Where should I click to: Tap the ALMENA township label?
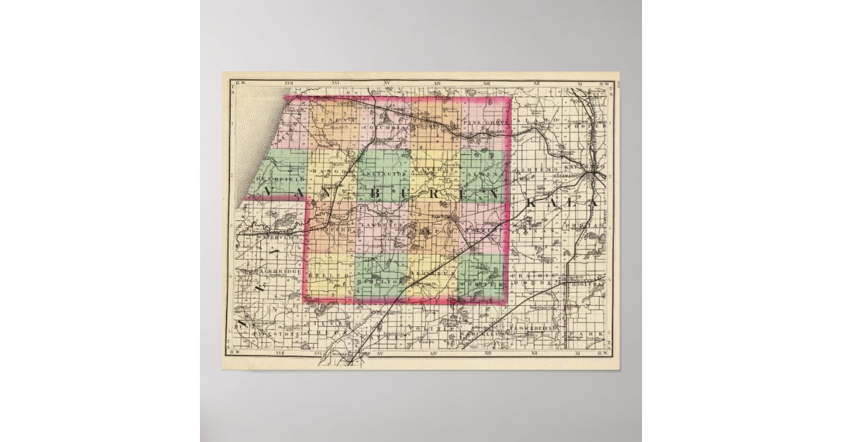(x=483, y=172)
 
